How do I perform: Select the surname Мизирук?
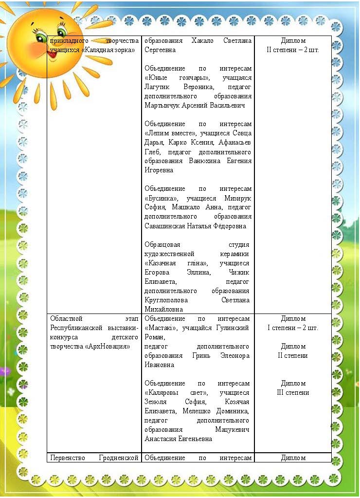tap(237, 198)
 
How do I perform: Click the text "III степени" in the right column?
tap(293, 392)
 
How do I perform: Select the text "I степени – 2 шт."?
tap(293, 328)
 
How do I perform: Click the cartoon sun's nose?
tap(47, 39)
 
